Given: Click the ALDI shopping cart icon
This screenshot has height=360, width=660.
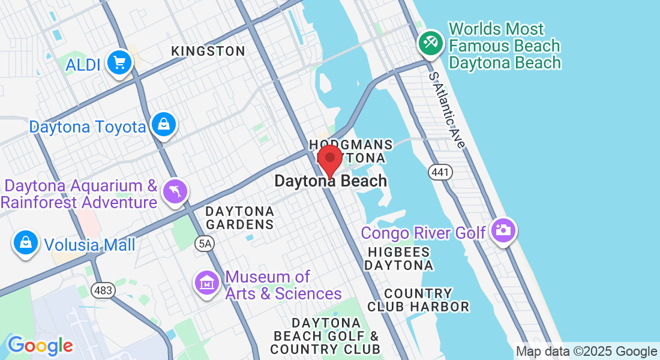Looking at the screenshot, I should [x=119, y=62].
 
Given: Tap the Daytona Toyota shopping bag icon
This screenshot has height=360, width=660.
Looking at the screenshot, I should [x=163, y=125].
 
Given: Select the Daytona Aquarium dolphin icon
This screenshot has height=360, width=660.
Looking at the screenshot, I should [x=176, y=191].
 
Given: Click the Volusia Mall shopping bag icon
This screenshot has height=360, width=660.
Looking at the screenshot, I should [x=26, y=243].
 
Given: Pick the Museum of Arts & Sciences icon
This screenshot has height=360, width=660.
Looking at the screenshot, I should [x=207, y=282].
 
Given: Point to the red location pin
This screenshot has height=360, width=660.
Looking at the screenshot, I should [x=329, y=160].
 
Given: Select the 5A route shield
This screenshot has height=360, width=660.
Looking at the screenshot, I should [x=204, y=242].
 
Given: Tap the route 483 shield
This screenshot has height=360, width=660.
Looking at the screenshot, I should [x=103, y=290].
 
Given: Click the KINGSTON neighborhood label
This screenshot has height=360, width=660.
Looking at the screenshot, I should [x=208, y=52].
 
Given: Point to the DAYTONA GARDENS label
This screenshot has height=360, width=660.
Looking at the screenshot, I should [x=239, y=218].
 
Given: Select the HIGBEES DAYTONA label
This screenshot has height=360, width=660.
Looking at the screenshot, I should [x=399, y=259].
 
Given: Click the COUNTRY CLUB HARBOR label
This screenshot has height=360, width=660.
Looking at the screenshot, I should [x=427, y=300].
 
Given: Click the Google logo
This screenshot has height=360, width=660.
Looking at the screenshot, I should [x=40, y=346].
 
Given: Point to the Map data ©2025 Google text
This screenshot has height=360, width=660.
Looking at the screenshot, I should [x=586, y=352].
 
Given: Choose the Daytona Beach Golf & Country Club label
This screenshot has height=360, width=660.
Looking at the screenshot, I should [x=325, y=335].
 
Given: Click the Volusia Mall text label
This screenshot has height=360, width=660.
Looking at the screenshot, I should [x=89, y=244].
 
